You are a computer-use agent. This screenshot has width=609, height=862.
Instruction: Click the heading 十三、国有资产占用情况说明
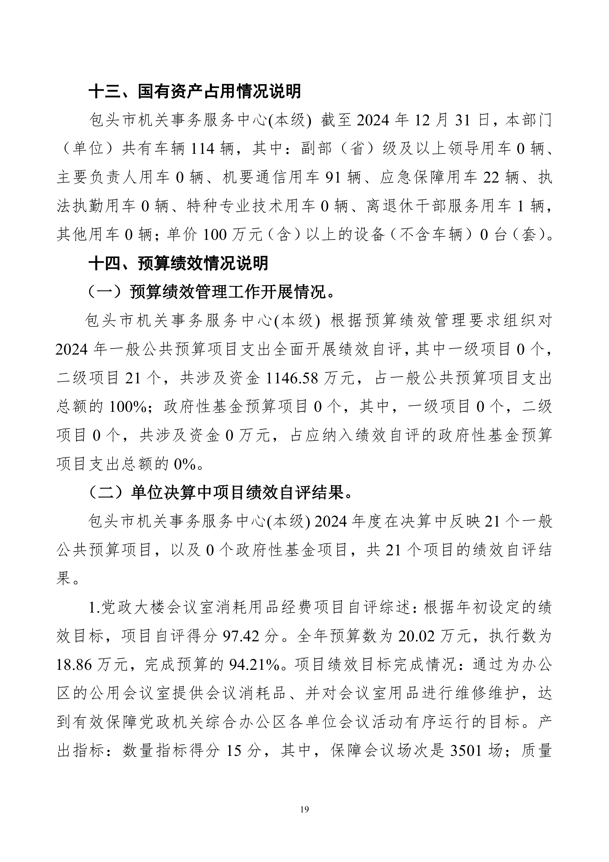click(x=194, y=91)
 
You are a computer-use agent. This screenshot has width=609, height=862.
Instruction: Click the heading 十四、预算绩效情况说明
click(x=178, y=263)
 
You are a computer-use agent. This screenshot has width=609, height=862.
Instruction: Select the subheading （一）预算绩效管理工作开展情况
click(x=211, y=292)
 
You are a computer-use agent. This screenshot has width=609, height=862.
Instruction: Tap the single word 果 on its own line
click(x=64, y=578)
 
